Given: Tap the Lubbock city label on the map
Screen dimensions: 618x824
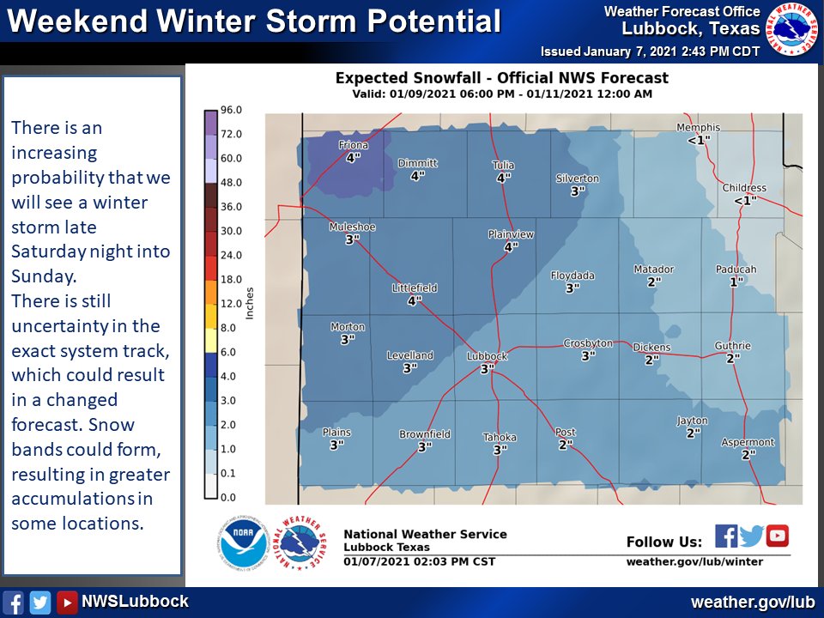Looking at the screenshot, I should (487, 356).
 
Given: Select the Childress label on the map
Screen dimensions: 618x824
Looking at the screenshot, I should (744, 188).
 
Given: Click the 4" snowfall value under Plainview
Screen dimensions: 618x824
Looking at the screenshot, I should (511, 247).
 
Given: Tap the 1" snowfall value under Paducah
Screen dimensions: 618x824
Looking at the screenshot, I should (736, 282).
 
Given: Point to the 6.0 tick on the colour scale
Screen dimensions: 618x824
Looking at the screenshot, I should (230, 352).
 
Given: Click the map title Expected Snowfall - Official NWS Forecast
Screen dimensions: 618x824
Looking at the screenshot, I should (501, 78).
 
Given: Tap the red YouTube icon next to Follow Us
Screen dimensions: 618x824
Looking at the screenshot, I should (778, 536).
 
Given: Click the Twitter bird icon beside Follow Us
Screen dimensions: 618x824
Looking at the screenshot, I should (752, 536).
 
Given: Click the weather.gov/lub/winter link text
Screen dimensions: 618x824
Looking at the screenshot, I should (694, 562).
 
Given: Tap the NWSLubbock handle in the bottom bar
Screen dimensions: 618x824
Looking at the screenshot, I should (135, 602).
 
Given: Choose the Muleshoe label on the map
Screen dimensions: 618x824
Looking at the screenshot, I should (352, 227).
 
